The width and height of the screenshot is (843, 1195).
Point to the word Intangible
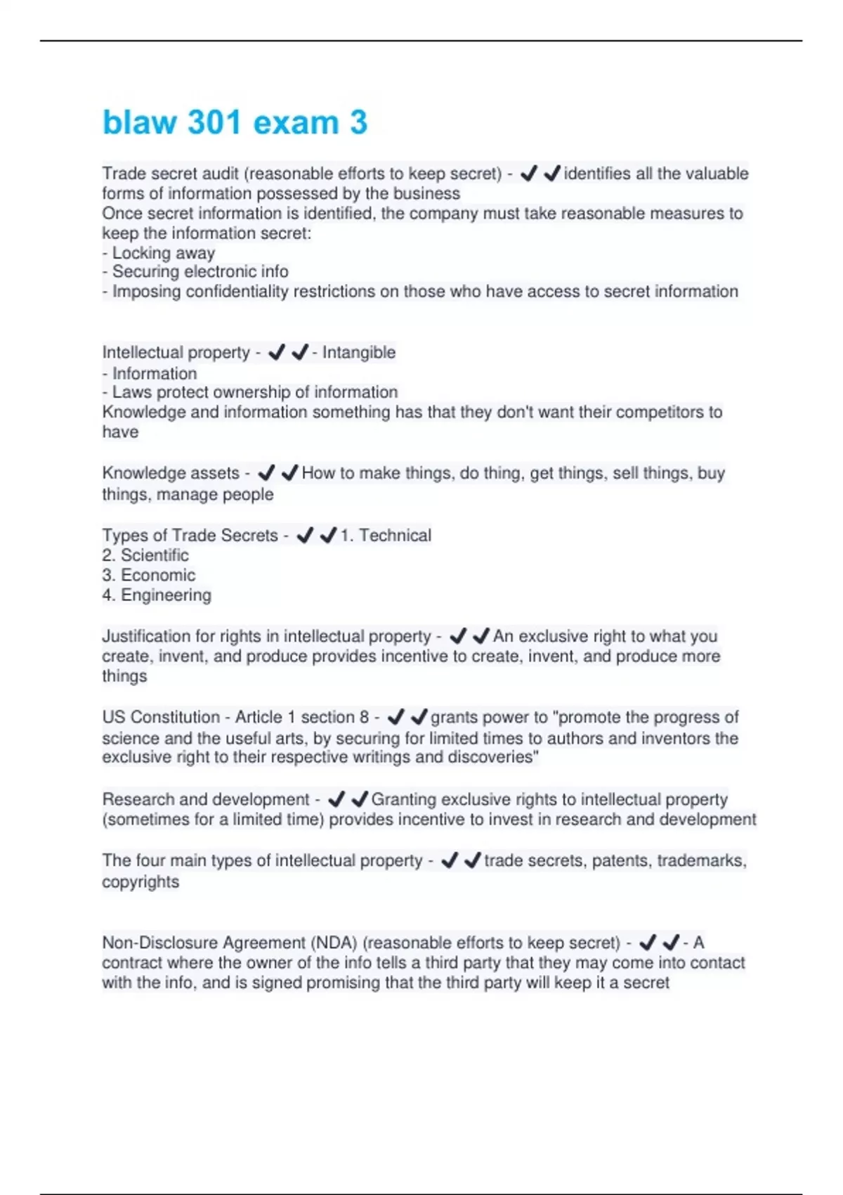pyautogui.click(x=358, y=352)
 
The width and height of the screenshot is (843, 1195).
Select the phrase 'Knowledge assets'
pyautogui.click(x=171, y=473)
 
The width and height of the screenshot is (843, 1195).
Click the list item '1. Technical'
pyautogui.click(x=386, y=536)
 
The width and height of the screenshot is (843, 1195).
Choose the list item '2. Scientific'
pyautogui.click(x=145, y=555)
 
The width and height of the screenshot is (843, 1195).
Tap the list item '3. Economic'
pyautogui.click(x=149, y=575)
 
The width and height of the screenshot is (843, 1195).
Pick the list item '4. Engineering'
pyautogui.click(x=157, y=595)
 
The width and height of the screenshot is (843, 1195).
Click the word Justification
pyautogui.click(x=146, y=636)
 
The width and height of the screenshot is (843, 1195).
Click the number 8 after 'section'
pyautogui.click(x=364, y=717)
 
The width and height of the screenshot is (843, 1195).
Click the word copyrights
pyautogui.click(x=140, y=881)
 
